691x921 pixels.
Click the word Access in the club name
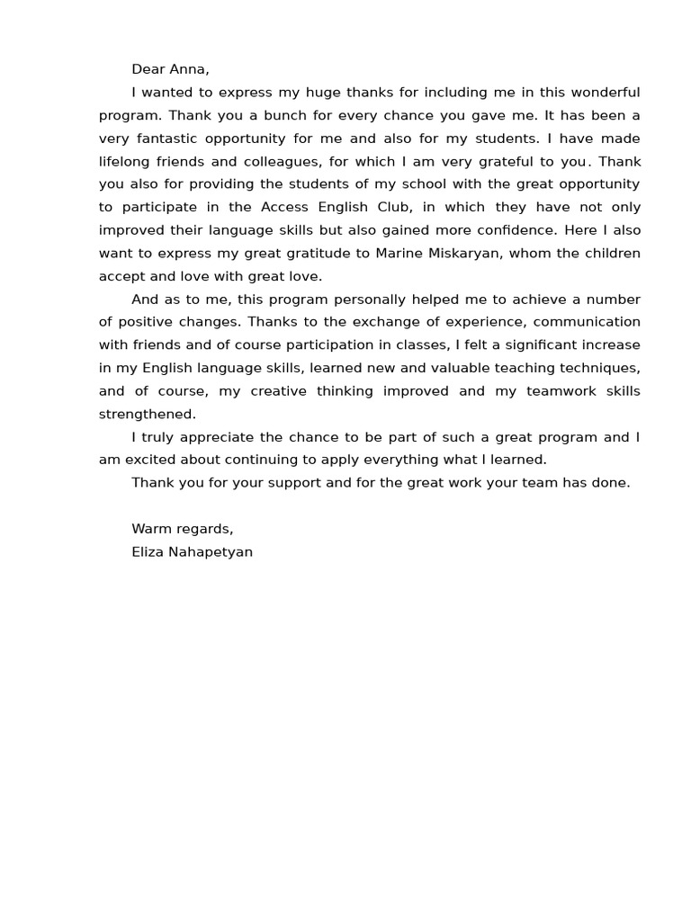tap(287, 208)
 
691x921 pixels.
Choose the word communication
tap(587, 322)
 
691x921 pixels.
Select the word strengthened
tap(146, 415)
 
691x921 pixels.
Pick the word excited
tap(147, 460)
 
